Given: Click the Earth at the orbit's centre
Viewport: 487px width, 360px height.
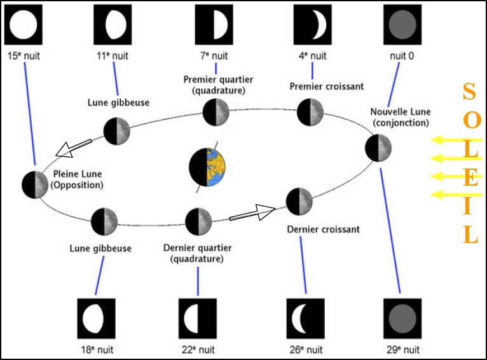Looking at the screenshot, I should (x=207, y=167).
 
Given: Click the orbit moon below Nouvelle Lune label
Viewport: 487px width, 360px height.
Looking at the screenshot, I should (x=378, y=148).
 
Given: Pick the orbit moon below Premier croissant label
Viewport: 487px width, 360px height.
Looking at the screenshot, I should (x=310, y=113).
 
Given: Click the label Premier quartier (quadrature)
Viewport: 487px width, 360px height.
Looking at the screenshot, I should (x=217, y=85).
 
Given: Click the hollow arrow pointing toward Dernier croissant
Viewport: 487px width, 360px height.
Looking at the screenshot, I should (x=252, y=212).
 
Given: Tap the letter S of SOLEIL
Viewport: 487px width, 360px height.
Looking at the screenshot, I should (x=469, y=93).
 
